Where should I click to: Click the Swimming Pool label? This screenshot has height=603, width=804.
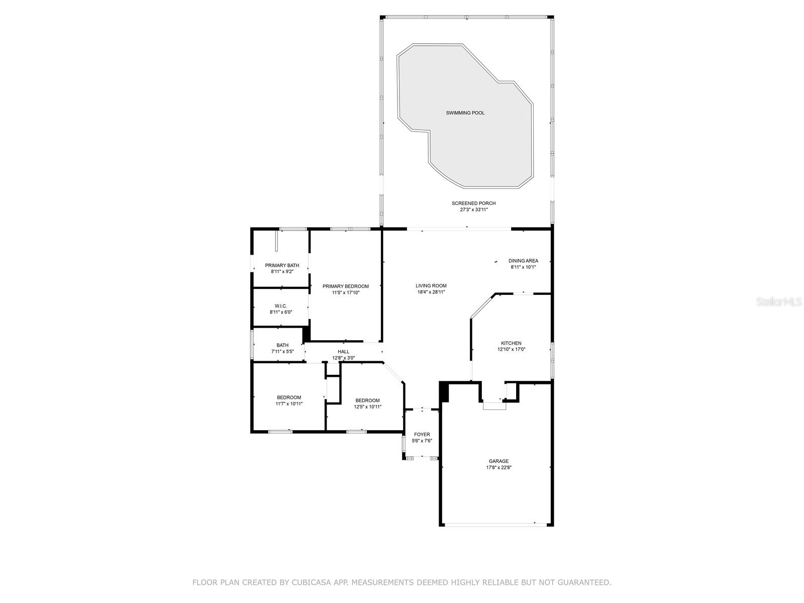click(465, 113)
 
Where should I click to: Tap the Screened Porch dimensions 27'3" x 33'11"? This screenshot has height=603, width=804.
click(474, 210)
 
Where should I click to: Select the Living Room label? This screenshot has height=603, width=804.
click(431, 285)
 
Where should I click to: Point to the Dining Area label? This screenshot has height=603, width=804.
click(523, 261)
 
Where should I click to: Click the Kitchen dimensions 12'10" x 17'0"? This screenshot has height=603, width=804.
click(512, 349)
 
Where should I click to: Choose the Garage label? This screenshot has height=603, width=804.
click(498, 461)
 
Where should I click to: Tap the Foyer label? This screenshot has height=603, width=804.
click(422, 434)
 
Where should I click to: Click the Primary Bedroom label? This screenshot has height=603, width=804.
click(346, 286)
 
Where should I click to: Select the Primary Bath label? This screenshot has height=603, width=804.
click(282, 265)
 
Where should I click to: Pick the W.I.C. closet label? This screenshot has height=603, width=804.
click(281, 306)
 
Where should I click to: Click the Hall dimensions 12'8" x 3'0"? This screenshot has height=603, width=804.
click(343, 358)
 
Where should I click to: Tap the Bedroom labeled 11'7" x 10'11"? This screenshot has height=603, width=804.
click(289, 400)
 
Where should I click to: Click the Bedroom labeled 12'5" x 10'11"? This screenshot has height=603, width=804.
click(367, 404)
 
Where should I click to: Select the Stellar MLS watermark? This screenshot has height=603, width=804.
click(779, 301)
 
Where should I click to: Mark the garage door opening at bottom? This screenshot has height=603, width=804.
click(496, 525)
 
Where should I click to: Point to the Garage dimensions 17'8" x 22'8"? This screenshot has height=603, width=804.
click(498, 467)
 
